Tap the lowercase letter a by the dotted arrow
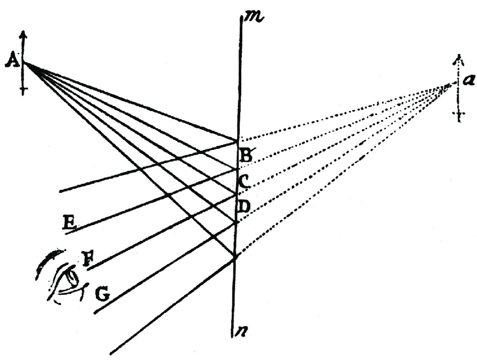[x=467, y=80]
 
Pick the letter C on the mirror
[x=245, y=181]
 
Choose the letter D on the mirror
[x=244, y=207]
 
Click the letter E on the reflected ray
[x=70, y=223]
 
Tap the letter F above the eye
[x=88, y=259]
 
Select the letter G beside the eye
[x=101, y=293]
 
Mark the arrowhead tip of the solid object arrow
[x=23, y=32]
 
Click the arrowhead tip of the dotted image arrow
[x=458, y=55]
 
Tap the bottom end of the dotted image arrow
[x=460, y=120]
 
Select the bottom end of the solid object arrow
[x=23, y=93]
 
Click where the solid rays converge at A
[x=25, y=63]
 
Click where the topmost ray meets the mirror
[x=238, y=139]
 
